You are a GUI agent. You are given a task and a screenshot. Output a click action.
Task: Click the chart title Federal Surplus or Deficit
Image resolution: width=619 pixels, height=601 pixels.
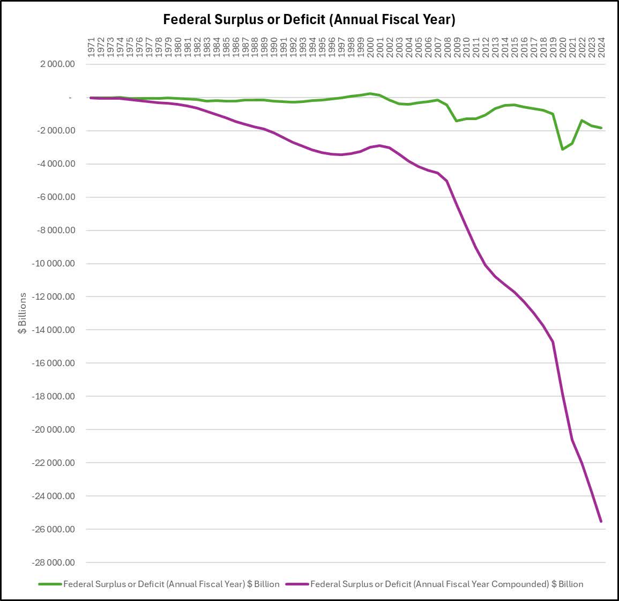click(x=309, y=20)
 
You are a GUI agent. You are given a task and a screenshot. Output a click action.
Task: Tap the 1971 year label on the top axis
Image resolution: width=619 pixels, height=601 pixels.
click(x=92, y=47)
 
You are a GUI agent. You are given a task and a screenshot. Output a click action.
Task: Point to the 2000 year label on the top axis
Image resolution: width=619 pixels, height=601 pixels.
click(x=370, y=47)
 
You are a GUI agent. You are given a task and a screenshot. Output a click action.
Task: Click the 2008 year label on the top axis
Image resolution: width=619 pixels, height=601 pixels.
click(x=448, y=47)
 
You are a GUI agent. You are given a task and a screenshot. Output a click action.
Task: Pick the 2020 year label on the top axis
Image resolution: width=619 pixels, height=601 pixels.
click(x=563, y=47)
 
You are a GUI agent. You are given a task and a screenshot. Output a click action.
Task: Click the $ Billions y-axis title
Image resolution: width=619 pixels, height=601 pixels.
click(x=22, y=313)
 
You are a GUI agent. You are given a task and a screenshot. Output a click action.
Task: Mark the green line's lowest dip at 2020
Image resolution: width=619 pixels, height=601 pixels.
click(x=563, y=149)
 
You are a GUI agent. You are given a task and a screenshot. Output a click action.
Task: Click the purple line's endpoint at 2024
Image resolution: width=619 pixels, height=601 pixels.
click(x=601, y=521)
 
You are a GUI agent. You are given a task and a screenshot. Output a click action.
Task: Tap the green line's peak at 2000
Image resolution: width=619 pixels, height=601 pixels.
click(x=370, y=93)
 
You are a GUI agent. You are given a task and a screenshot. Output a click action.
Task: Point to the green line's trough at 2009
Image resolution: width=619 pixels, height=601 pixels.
click(x=457, y=121)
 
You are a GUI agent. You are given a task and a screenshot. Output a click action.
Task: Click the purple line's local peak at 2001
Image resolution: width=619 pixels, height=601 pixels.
click(x=380, y=145)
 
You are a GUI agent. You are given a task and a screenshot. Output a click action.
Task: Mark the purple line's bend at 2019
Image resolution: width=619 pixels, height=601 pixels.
click(x=553, y=342)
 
